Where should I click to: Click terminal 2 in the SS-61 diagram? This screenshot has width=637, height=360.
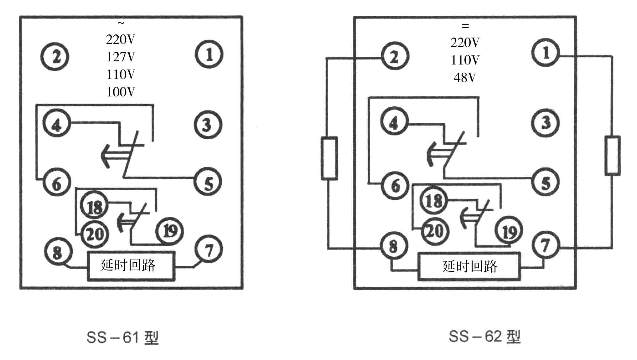(x=55, y=57)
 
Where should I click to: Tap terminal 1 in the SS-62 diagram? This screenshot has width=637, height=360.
(x=546, y=52)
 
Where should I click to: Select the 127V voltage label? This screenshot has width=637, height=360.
(x=121, y=57)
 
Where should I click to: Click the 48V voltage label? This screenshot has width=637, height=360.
(x=465, y=77)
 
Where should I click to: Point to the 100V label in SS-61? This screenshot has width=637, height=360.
(x=121, y=92)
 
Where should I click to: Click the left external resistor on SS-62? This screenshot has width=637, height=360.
(x=329, y=158)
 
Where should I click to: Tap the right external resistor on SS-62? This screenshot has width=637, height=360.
(x=612, y=155)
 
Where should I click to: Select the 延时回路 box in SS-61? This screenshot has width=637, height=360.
(x=131, y=266)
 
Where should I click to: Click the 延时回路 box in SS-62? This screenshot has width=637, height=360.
(x=469, y=266)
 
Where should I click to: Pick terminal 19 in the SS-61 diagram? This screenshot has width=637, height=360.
(x=169, y=231)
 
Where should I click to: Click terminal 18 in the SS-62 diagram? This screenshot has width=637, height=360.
(x=434, y=200)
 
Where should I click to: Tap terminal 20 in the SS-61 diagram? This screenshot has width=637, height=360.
(x=95, y=234)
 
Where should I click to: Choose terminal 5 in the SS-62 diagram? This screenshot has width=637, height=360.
(x=545, y=183)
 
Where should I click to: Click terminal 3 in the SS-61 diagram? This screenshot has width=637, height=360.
(x=208, y=125)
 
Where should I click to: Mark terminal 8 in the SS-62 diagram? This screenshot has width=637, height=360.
(x=394, y=246)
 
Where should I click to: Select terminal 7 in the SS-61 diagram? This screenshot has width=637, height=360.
(x=209, y=249)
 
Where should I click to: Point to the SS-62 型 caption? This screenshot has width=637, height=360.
(x=484, y=337)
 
